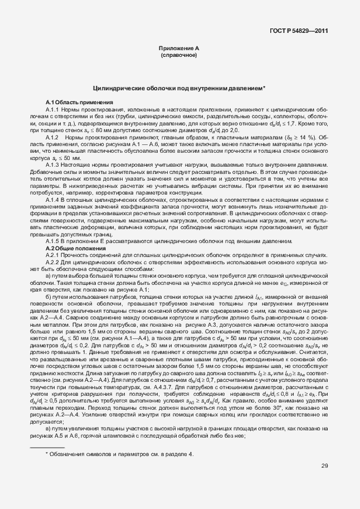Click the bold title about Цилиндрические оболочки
tap(178, 88)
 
